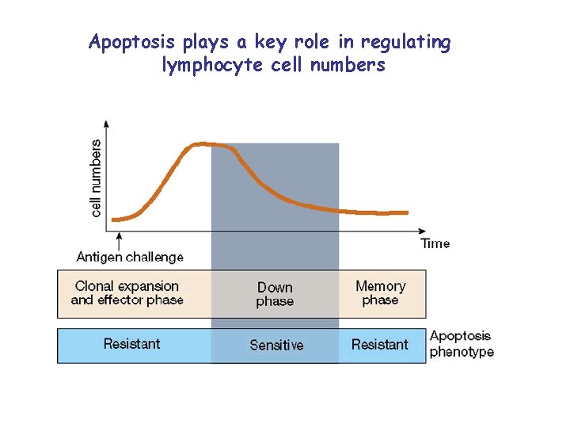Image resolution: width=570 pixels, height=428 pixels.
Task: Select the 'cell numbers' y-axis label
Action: pyautogui.click(x=96, y=178)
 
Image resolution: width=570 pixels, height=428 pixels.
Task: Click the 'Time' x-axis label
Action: pyautogui.click(x=435, y=243)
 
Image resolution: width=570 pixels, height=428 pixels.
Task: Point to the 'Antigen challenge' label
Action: pyautogui.click(x=130, y=257)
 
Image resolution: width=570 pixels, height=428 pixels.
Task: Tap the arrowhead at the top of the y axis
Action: pyautogui.click(x=107, y=124)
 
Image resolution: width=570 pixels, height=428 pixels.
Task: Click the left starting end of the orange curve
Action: pyautogui.click(x=114, y=220)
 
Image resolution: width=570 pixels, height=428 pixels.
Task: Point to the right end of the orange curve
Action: pyautogui.click(x=406, y=212)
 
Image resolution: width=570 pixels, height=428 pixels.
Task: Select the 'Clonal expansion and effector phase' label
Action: pyautogui.click(x=127, y=292)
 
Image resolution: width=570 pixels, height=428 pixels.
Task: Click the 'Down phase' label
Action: pyautogui.click(x=275, y=294)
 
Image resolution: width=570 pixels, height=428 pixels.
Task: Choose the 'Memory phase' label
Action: pyautogui.click(x=380, y=292)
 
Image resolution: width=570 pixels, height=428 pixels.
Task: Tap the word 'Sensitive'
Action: pyautogui.click(x=276, y=345)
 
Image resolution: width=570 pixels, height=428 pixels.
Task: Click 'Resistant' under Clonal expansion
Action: pyautogui.click(x=131, y=344)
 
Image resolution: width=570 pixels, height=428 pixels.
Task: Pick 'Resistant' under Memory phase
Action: pyautogui.click(x=379, y=344)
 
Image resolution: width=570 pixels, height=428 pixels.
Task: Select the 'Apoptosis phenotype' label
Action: pyautogui.click(x=461, y=344)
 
